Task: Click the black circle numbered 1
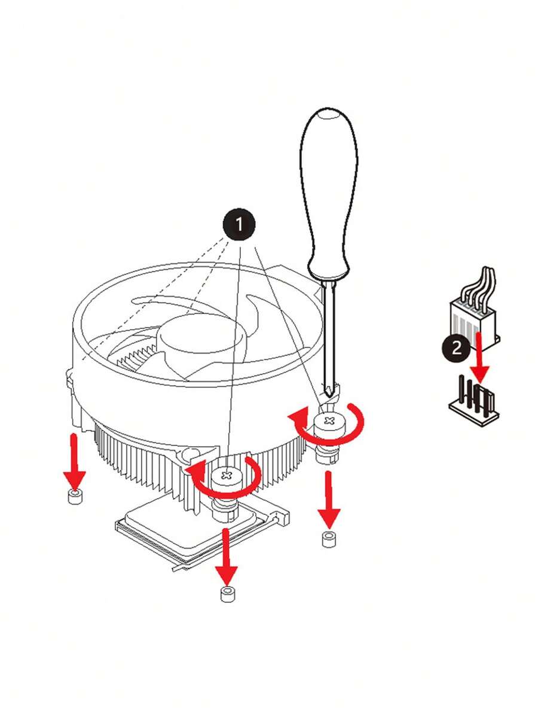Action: click(239, 225)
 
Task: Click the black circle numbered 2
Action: click(456, 349)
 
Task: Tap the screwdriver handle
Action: click(328, 194)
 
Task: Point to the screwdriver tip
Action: click(328, 393)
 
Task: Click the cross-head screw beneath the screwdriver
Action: click(329, 420)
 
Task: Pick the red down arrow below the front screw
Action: click(226, 556)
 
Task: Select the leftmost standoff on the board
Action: click(75, 496)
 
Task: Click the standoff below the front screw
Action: click(227, 594)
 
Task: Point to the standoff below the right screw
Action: click(329, 539)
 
